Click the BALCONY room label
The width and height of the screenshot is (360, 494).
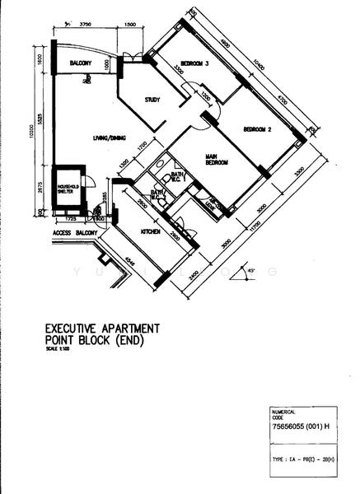pyautogui.click(x=79, y=63)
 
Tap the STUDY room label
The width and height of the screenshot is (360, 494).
pyautogui.click(x=152, y=100)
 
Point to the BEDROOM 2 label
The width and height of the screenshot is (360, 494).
pyautogui.click(x=258, y=129)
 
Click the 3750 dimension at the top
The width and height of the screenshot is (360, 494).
pyautogui.click(x=85, y=25)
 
